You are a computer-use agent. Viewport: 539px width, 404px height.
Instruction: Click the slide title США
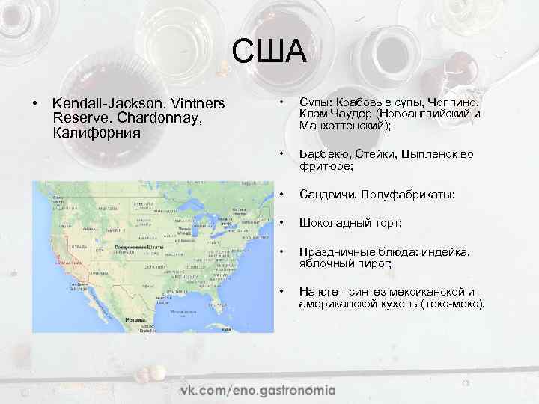tap(269, 52)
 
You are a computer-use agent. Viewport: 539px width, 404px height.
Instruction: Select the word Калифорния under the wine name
tap(97, 132)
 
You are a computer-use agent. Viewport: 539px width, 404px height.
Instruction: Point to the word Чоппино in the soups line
tap(452, 102)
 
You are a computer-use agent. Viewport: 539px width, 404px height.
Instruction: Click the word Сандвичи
tap(327, 195)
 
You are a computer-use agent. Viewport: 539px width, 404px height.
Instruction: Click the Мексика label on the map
tap(135, 318)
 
